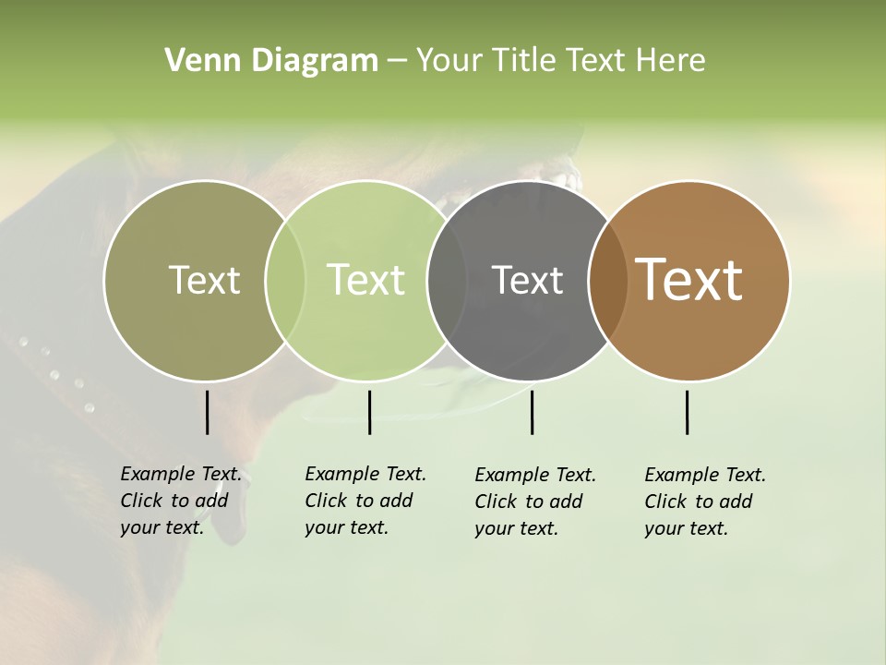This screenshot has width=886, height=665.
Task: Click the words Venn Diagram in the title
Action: click(x=271, y=61)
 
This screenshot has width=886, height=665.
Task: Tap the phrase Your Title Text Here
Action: click(x=560, y=61)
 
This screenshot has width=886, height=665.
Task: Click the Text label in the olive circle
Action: click(x=204, y=280)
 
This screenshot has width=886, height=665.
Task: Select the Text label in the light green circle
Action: click(x=366, y=280)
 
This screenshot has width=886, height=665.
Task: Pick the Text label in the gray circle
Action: click(x=527, y=280)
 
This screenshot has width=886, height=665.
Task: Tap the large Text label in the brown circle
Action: click(x=689, y=280)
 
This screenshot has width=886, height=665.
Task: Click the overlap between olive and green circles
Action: click(x=285, y=280)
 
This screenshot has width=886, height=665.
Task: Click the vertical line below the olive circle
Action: click(x=207, y=412)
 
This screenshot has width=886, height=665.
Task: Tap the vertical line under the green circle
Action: click(x=369, y=412)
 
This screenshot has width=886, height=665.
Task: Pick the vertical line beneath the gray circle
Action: click(x=532, y=412)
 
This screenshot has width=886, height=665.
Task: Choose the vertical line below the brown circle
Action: click(x=687, y=412)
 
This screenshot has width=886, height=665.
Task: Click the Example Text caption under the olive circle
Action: click(x=180, y=501)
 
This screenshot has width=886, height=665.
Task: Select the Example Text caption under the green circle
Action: click(x=365, y=501)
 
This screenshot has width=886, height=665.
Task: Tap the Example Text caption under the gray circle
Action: click(x=534, y=502)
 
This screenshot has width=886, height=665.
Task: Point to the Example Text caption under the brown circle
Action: click(x=704, y=502)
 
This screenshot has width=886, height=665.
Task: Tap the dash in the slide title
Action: click(x=397, y=62)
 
